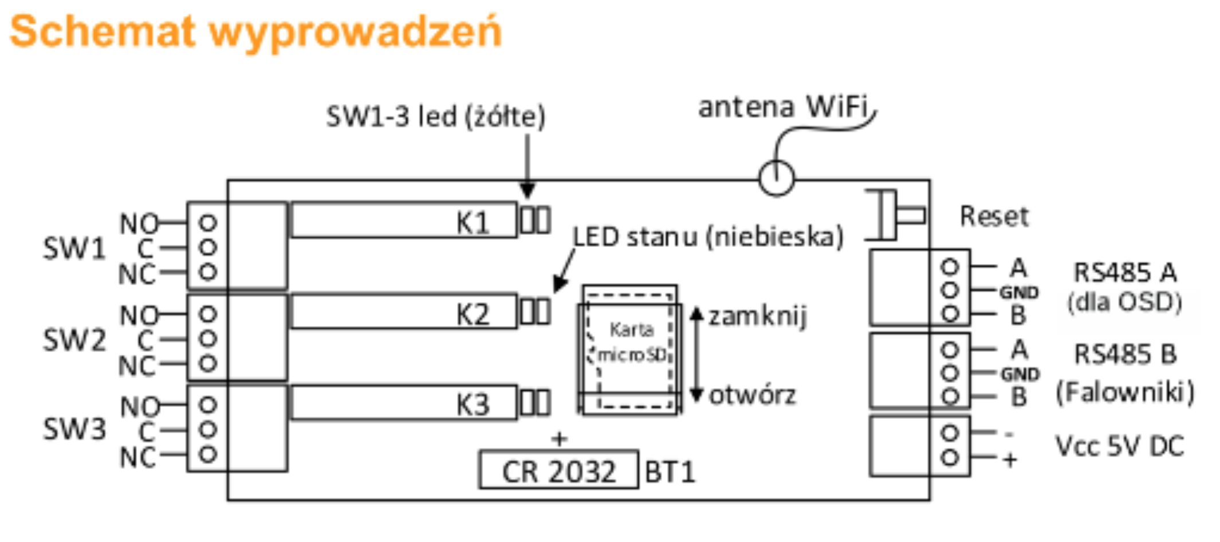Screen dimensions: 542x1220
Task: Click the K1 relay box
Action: tap(404, 220)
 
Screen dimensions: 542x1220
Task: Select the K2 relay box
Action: tap(404, 312)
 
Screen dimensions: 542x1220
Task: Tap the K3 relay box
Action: tap(404, 403)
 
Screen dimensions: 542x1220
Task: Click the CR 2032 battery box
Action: tap(558, 471)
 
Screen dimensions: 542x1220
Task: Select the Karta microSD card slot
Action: tap(630, 349)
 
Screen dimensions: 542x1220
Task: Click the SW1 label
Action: tap(74, 249)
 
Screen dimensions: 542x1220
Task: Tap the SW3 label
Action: tap(74, 429)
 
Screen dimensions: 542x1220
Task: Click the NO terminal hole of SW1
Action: tap(207, 222)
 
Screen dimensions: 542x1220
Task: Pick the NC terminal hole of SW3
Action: tap(207, 455)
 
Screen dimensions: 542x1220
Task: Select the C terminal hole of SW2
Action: tap(207, 339)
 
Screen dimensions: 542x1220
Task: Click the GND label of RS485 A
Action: tap(1019, 292)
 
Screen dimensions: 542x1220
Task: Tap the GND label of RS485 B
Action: tap(1020, 374)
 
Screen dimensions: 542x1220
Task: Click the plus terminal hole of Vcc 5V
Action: tap(950, 457)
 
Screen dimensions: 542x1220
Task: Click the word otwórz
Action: tap(752, 395)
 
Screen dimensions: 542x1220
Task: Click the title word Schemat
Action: tap(103, 32)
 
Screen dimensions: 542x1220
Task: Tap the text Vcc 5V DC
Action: tap(1119, 446)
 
